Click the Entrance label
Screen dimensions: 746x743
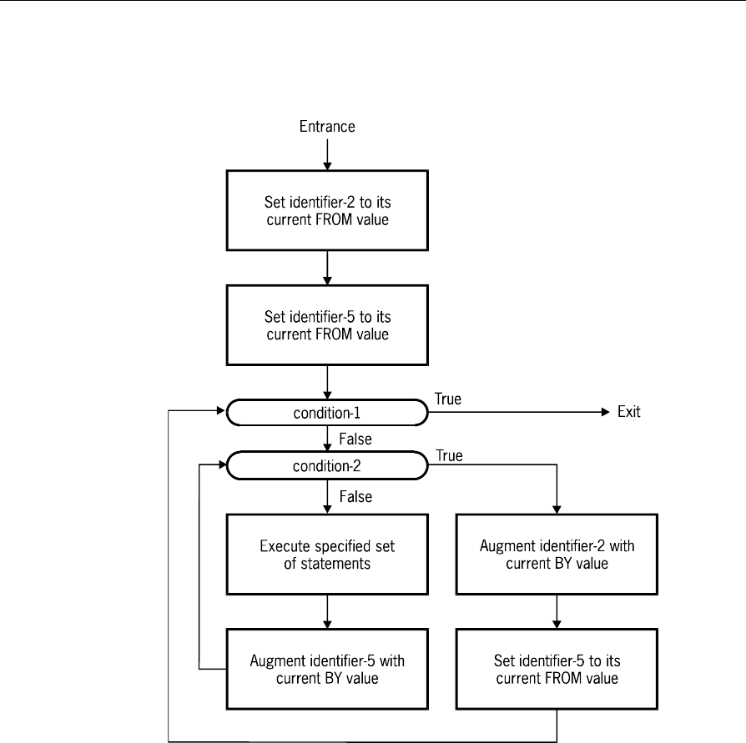(327, 127)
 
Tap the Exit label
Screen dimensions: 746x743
(628, 412)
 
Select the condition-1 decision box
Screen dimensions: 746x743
(327, 413)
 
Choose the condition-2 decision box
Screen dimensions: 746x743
(327, 465)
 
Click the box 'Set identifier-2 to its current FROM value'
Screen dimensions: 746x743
(327, 211)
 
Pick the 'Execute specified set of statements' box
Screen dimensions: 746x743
(327, 555)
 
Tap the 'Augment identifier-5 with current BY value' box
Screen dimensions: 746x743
(327, 670)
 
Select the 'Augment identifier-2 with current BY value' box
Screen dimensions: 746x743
(557, 555)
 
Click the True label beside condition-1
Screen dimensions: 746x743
(448, 399)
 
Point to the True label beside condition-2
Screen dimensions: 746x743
(449, 455)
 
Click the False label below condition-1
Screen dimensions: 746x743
(355, 439)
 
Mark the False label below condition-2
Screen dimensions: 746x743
(355, 497)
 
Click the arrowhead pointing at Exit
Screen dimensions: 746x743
(606, 412)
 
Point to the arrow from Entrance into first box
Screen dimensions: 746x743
(327, 154)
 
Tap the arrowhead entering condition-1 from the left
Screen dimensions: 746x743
(221, 410)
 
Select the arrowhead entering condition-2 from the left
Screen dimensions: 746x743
(223, 464)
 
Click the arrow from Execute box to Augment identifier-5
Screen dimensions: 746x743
(327, 612)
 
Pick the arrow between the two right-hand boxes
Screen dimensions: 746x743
(557, 612)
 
